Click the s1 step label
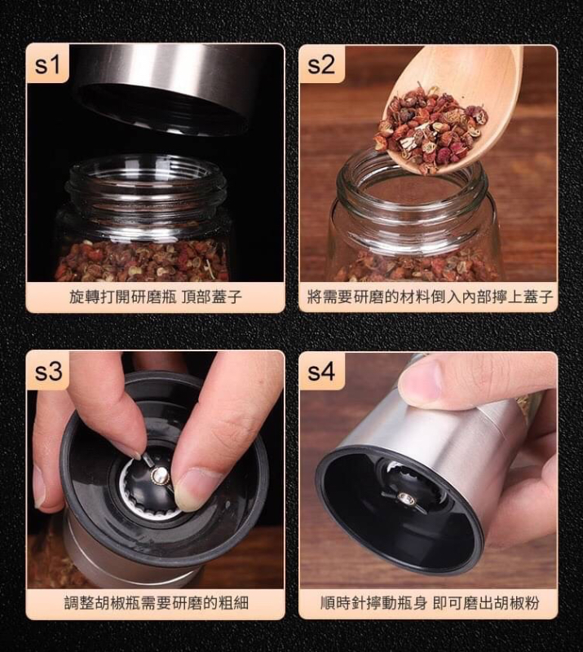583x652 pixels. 47,64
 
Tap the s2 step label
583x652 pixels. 320,64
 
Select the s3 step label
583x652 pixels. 48,372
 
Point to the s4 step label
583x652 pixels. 320,372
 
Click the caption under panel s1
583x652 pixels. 156,297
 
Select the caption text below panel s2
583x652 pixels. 430,297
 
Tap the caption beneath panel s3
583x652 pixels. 156,602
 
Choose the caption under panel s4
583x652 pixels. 430,602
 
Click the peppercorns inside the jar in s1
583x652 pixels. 143,261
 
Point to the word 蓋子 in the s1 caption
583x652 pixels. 227,297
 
